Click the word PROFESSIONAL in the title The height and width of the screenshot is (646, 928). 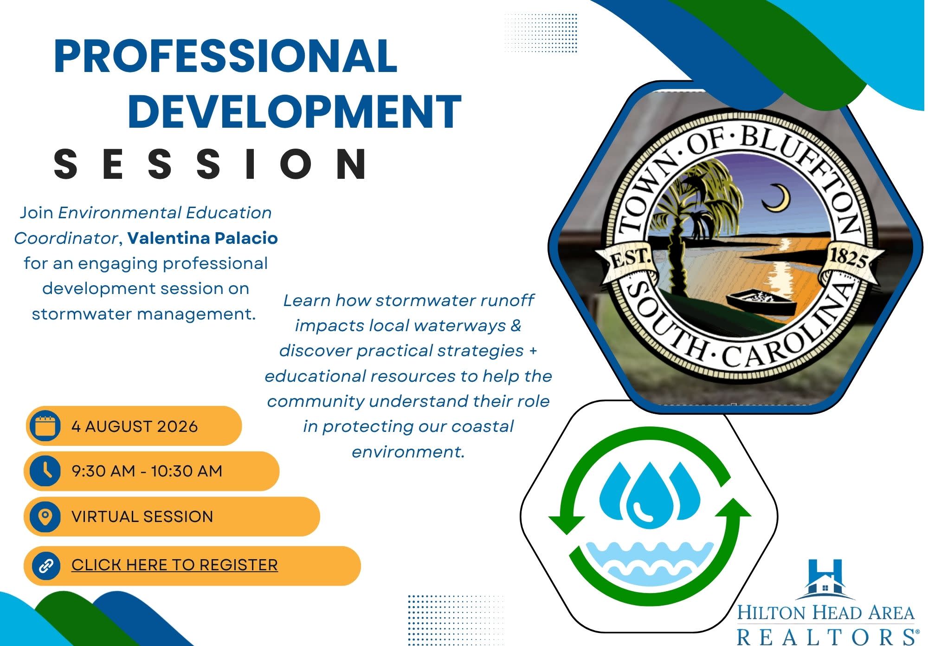click(x=226, y=56)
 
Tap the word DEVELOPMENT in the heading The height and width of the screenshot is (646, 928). click(x=295, y=111)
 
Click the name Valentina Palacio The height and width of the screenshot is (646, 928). click(x=203, y=238)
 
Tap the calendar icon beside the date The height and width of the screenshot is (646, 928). click(x=45, y=426)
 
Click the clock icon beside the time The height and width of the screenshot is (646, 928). click(x=45, y=471)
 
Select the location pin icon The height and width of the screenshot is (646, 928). click(x=45, y=516)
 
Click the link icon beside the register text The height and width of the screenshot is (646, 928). click(x=45, y=566)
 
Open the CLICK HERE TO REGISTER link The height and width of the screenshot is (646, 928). click(x=174, y=565)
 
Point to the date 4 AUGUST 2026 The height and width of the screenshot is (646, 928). click(x=135, y=426)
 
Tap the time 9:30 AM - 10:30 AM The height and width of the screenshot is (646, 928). click(x=147, y=471)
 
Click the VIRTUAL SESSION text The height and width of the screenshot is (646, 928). click(x=142, y=516)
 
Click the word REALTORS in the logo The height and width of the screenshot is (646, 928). click(x=828, y=636)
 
